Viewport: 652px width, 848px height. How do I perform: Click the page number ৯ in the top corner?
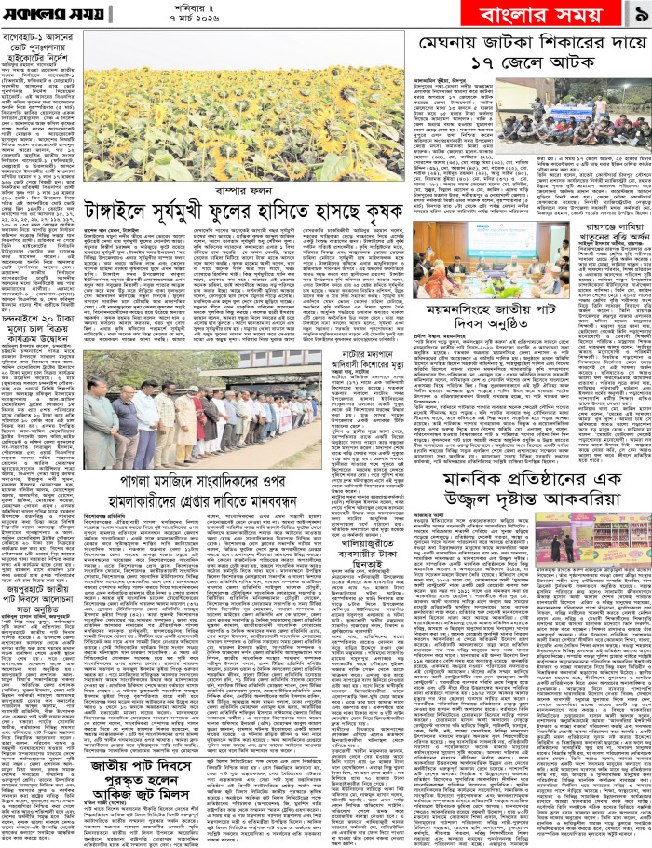coord(636,15)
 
